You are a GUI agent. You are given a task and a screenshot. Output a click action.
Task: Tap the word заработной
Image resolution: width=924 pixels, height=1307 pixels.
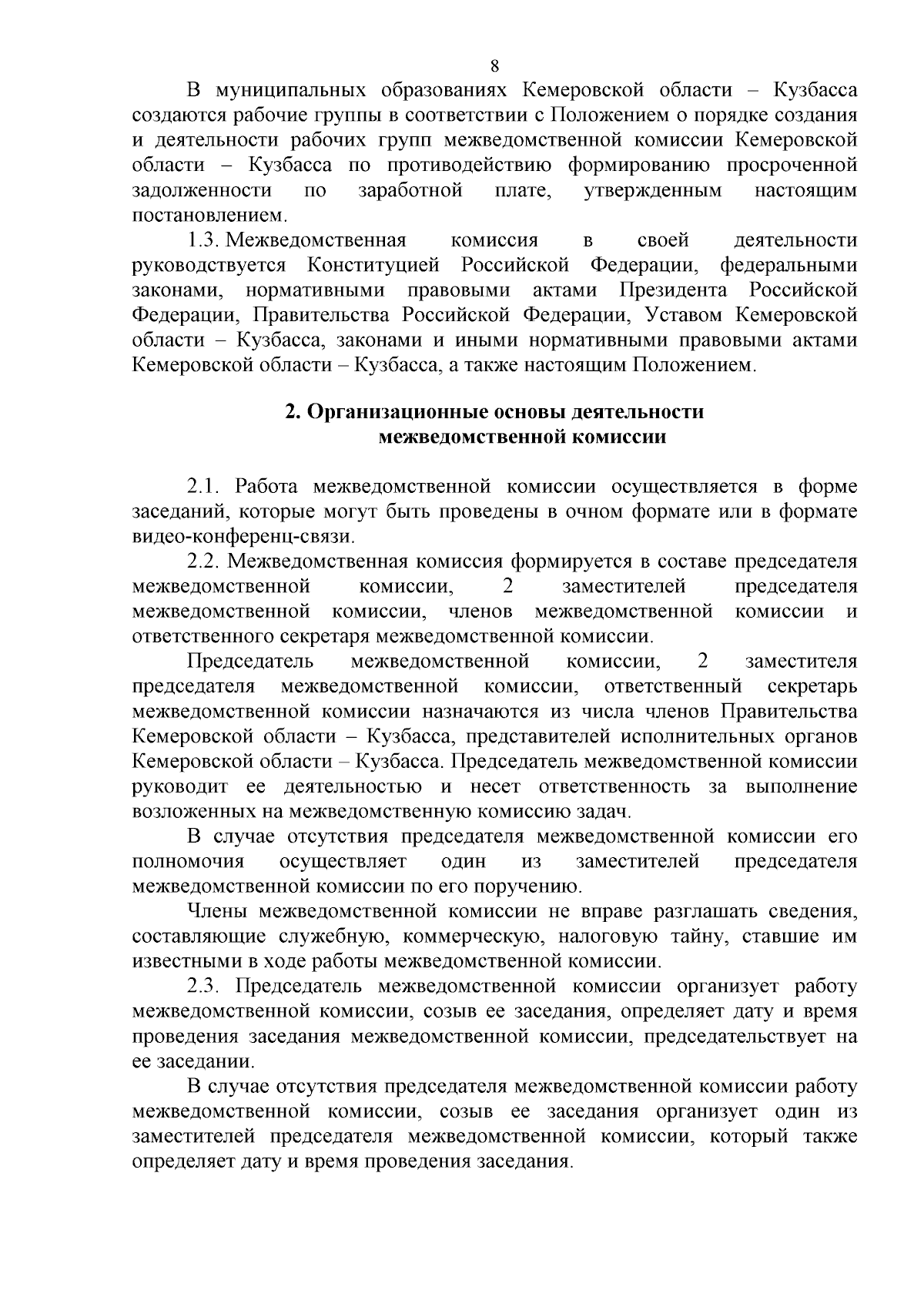tap(410, 190)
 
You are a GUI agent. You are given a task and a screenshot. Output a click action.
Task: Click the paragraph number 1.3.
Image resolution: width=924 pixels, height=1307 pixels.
tap(203, 240)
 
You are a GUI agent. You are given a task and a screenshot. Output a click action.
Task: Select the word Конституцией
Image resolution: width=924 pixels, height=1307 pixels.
tap(373, 266)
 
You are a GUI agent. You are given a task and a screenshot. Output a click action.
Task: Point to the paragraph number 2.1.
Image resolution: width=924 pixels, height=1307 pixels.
tap(204, 487)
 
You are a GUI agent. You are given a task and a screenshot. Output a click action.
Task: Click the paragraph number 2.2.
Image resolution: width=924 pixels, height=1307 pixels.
tap(204, 561)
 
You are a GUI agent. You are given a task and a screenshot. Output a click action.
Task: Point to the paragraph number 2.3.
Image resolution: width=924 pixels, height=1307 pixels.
tap(204, 987)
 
